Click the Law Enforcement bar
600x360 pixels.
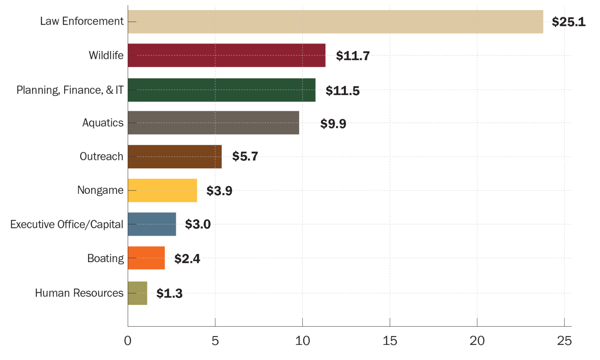click(x=335, y=22)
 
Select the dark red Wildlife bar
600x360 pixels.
click(x=226, y=55)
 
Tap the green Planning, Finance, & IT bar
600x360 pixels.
click(x=221, y=90)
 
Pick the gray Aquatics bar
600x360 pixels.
click(x=213, y=123)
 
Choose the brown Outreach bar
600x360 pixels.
click(x=174, y=157)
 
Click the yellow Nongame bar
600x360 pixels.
click(x=162, y=190)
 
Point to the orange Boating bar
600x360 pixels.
click(x=146, y=258)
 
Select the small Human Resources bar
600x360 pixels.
click(x=137, y=293)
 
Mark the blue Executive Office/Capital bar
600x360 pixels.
click(x=152, y=224)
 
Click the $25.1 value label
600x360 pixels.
click(x=568, y=22)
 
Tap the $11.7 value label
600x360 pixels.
click(x=352, y=55)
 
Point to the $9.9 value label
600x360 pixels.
click(x=333, y=123)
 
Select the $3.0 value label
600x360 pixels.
click(x=198, y=224)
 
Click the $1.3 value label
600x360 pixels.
click(x=169, y=293)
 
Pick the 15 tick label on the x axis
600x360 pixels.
click(x=390, y=340)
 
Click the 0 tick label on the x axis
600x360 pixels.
click(x=128, y=340)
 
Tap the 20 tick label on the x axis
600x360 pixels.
click(x=477, y=340)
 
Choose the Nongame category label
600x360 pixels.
click(x=100, y=190)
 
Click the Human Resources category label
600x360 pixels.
click(x=79, y=293)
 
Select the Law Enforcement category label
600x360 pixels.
click(x=82, y=21)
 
